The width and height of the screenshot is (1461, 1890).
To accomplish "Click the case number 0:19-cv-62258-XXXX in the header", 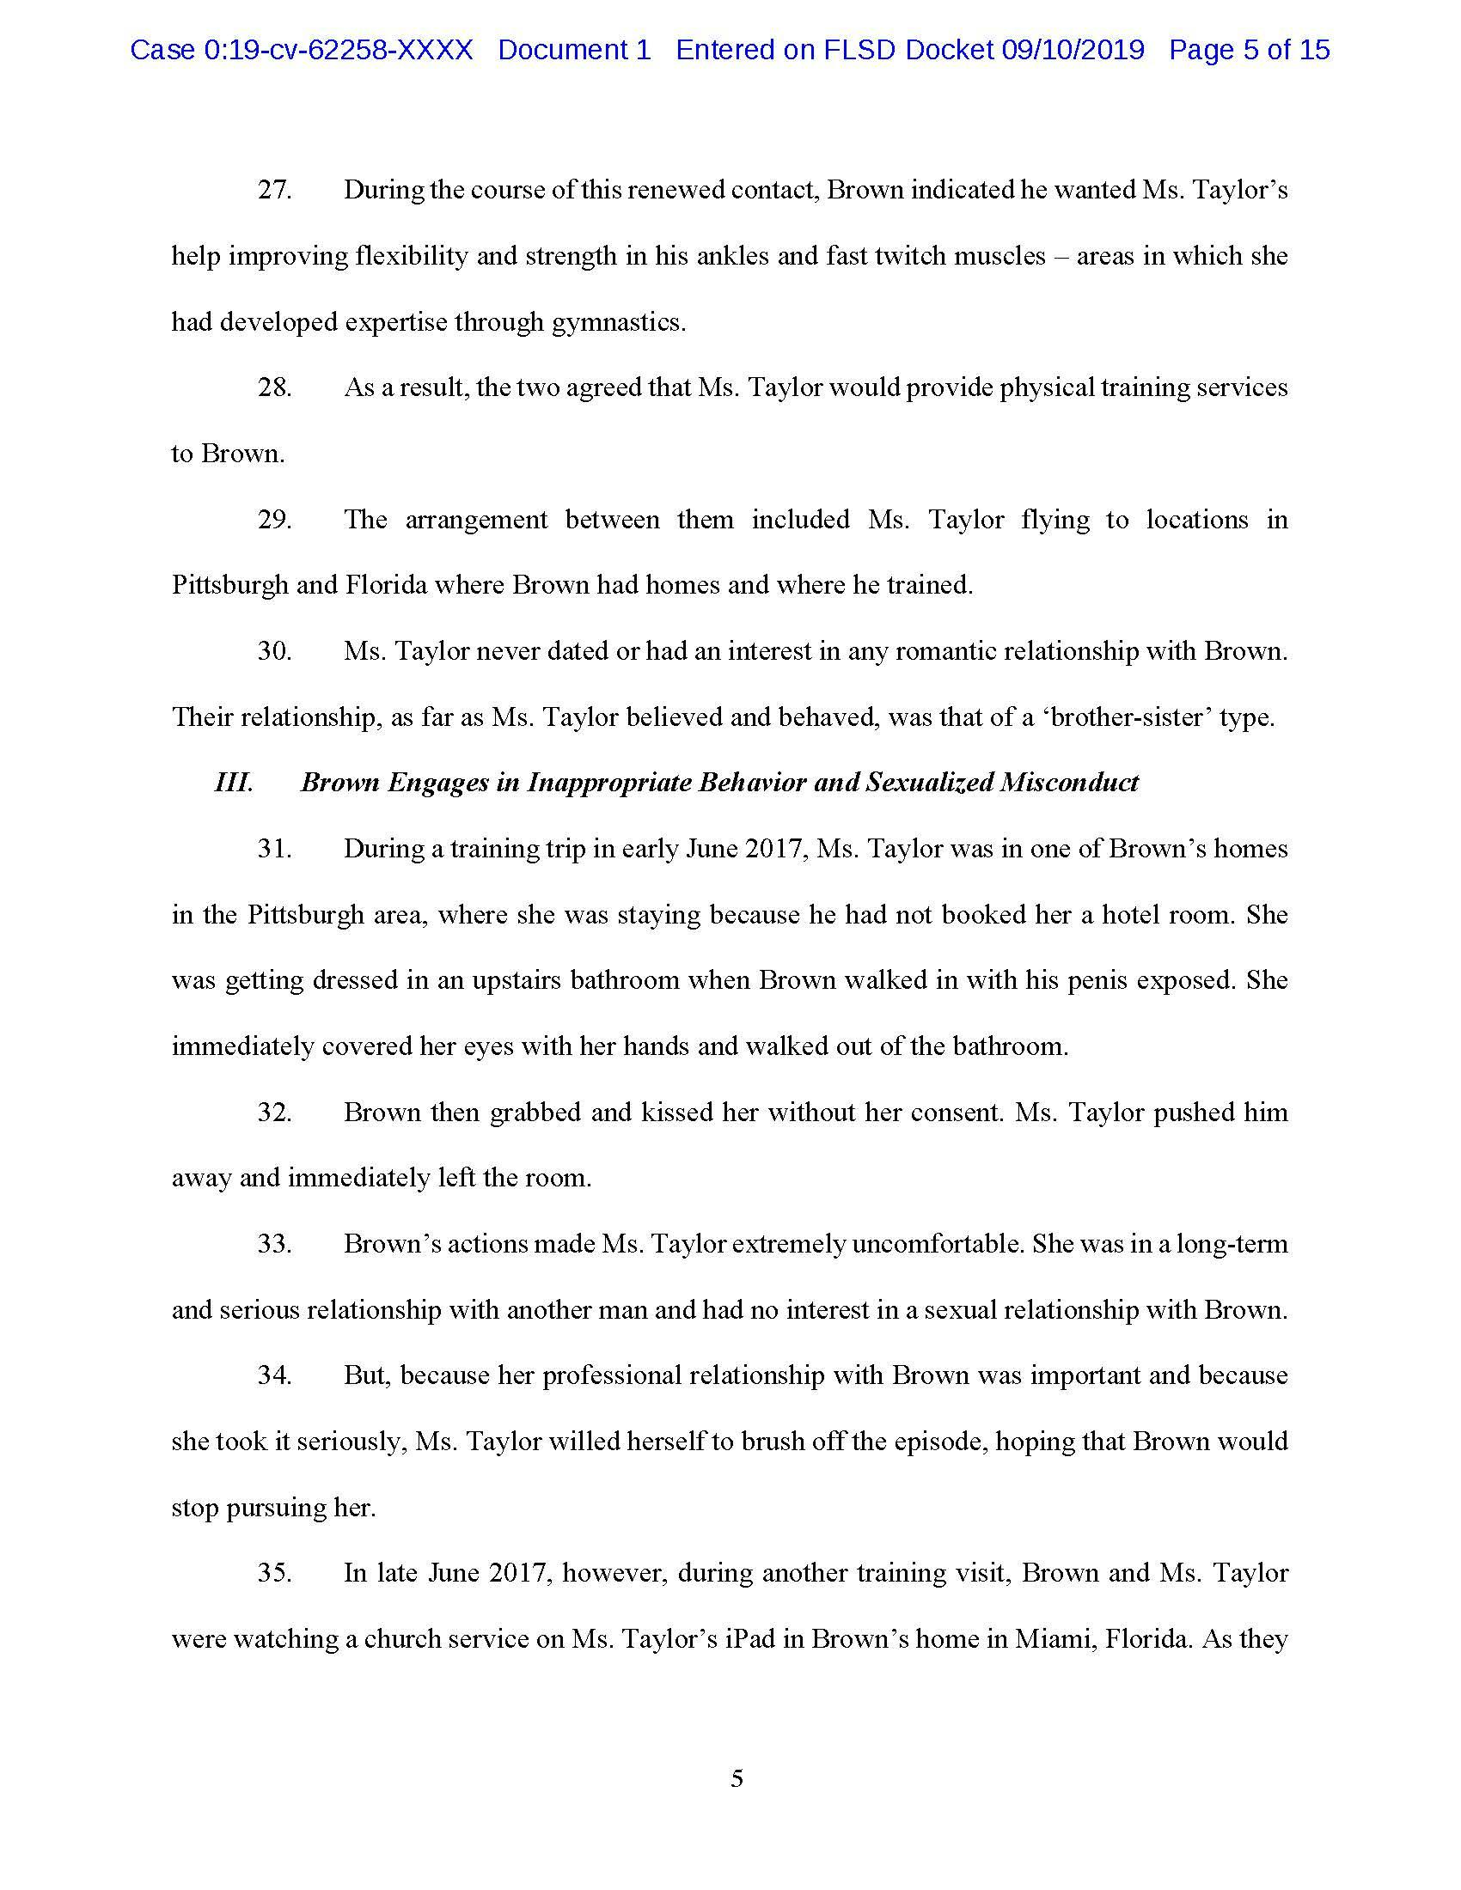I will [338, 50].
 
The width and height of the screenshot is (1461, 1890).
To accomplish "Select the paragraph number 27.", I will [274, 190].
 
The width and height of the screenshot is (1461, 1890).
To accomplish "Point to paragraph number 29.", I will [274, 519].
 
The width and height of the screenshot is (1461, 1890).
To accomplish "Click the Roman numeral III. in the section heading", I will [234, 783].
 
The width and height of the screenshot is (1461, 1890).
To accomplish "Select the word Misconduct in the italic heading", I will [1069, 783].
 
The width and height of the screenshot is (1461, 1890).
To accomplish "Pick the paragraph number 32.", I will [274, 1112].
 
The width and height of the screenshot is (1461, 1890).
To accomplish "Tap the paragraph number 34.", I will [274, 1376].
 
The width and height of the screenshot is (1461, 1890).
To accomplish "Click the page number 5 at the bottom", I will [737, 1779].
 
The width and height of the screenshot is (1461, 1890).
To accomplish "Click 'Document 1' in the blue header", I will [574, 50].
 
